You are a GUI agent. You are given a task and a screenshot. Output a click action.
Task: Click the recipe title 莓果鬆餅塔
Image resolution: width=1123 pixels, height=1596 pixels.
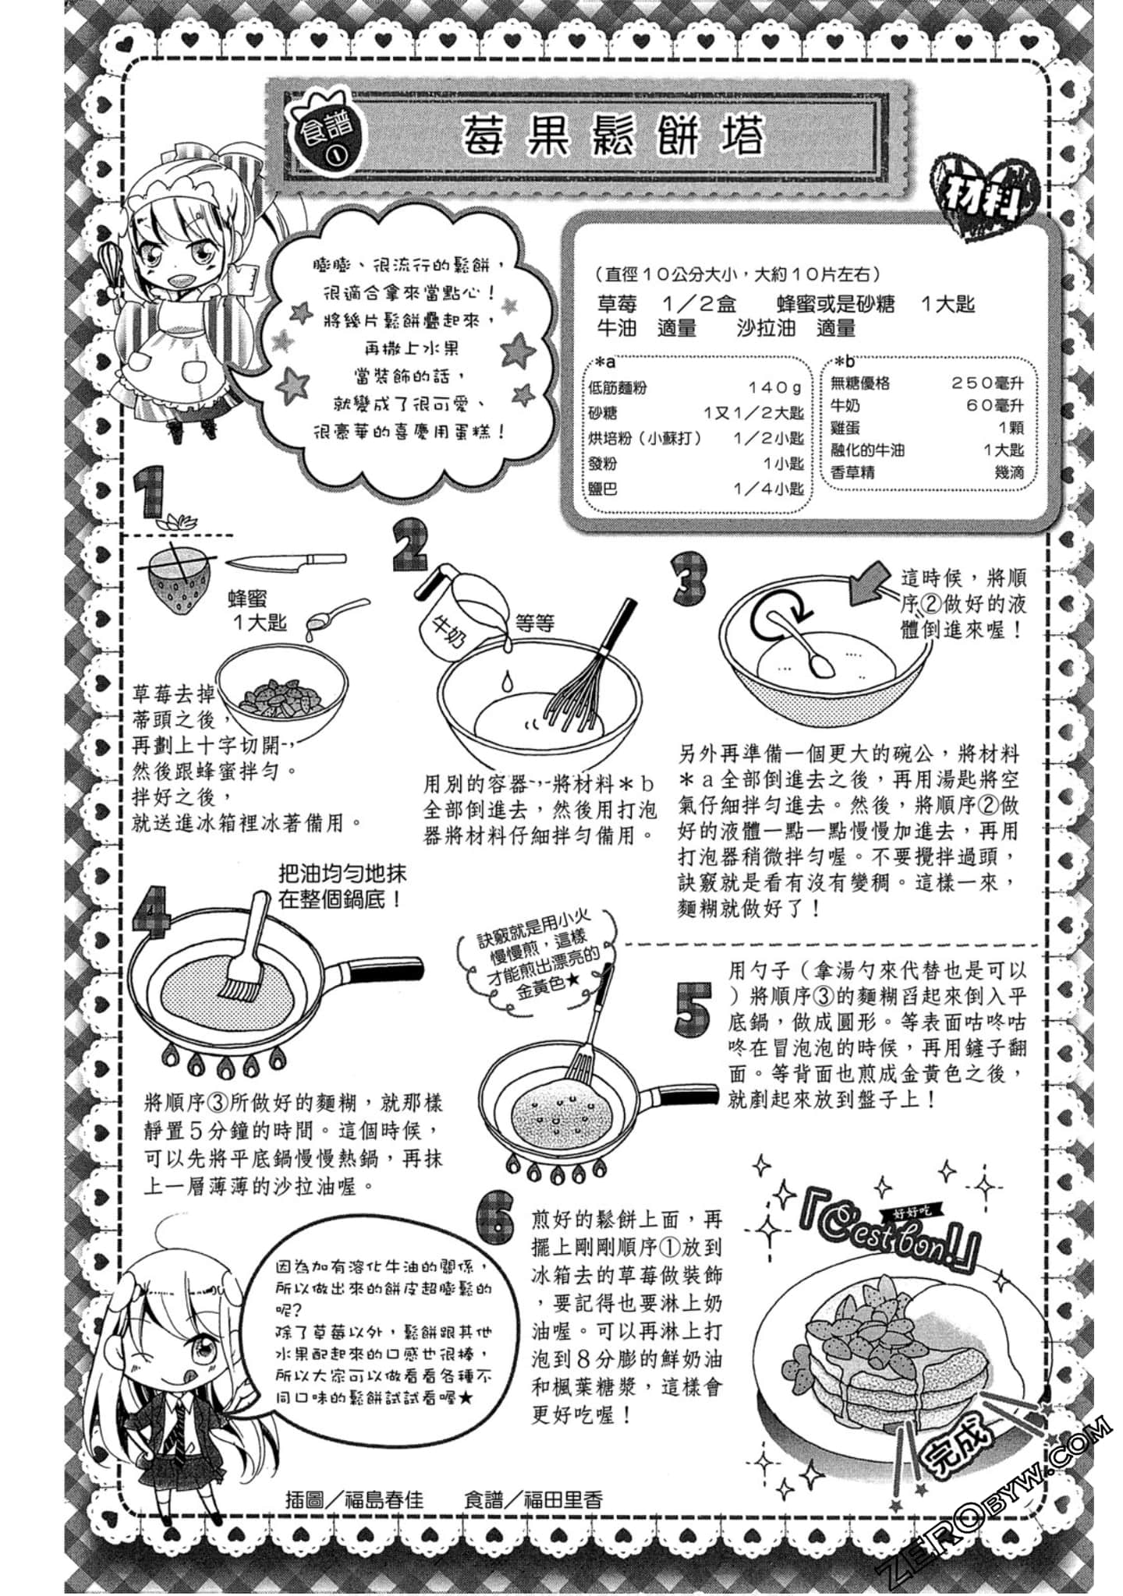[x=613, y=137]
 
